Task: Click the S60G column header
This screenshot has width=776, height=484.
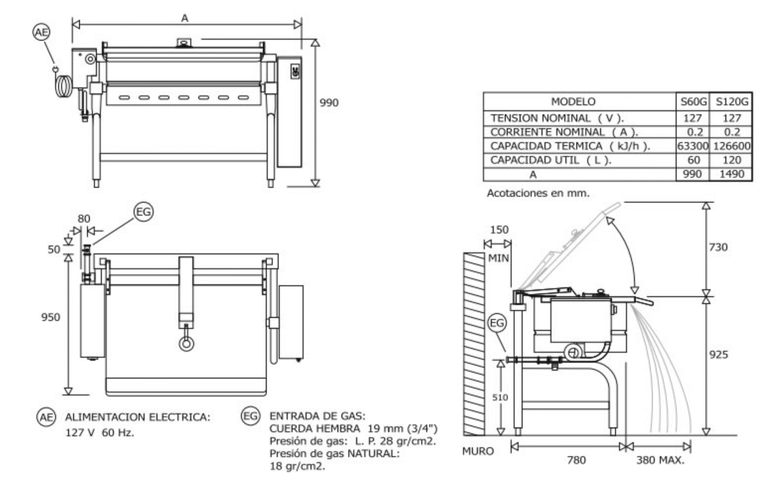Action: click(x=693, y=102)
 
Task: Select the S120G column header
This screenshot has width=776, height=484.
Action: click(x=731, y=102)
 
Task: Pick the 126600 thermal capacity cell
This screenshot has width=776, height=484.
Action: click(x=731, y=146)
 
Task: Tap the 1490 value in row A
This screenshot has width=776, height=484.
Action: click(x=731, y=174)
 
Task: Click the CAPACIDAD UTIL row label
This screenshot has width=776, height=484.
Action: click(x=550, y=160)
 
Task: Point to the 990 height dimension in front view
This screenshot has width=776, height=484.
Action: click(x=328, y=103)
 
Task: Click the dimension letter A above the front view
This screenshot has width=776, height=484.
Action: click(x=185, y=18)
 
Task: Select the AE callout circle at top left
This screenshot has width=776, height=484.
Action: click(x=41, y=32)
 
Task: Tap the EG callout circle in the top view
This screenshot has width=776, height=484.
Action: click(x=144, y=212)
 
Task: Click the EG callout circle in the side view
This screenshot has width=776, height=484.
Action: click(x=497, y=323)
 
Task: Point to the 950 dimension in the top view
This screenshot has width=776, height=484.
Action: click(x=50, y=317)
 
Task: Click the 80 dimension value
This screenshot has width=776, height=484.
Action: click(x=84, y=219)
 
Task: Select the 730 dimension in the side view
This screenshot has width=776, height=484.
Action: click(x=718, y=247)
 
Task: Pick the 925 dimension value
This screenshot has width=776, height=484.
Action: click(x=718, y=354)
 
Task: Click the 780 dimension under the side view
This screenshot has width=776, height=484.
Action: click(x=576, y=460)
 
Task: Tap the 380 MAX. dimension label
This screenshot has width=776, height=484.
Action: click(x=660, y=460)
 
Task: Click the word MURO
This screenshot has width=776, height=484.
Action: click(x=478, y=451)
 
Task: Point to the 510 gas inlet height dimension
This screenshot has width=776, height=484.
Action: click(x=500, y=397)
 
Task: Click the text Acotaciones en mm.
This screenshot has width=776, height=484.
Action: click(x=538, y=193)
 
